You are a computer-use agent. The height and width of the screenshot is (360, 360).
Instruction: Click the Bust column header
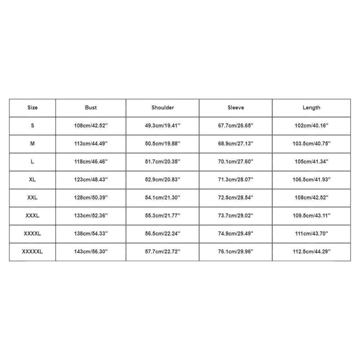[91, 108]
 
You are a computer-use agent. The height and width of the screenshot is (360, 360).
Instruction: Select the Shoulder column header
[163, 108]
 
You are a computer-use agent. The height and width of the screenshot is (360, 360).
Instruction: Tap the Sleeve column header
[236, 108]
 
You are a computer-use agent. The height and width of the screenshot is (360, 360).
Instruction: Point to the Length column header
[311, 108]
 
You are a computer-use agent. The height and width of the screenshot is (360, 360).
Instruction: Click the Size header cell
[32, 108]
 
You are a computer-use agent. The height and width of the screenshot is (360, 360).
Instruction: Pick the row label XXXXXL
[32, 252]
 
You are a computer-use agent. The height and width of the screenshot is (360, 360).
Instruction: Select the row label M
[32, 144]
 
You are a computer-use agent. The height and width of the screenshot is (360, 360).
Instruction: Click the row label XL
[32, 180]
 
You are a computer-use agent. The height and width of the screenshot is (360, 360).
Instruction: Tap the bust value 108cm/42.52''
[91, 126]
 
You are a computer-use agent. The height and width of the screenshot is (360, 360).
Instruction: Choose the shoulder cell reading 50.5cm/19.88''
[163, 144]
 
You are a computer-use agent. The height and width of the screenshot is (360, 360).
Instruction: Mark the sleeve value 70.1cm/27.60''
[236, 162]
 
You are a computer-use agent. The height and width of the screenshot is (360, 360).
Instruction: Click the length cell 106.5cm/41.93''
[311, 180]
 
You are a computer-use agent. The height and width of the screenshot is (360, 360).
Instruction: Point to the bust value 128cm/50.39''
[91, 198]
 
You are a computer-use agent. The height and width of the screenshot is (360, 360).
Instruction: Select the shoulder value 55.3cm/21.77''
[163, 216]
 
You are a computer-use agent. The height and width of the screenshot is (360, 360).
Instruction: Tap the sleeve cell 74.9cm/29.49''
[236, 234]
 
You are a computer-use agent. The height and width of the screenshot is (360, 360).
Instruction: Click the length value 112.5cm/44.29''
[311, 252]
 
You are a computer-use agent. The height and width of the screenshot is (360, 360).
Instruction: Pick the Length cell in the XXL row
[311, 198]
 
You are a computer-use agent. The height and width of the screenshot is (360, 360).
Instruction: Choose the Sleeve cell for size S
[236, 126]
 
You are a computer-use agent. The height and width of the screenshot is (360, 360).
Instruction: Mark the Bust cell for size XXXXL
[91, 234]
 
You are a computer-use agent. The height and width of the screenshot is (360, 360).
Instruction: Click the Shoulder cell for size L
[163, 162]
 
